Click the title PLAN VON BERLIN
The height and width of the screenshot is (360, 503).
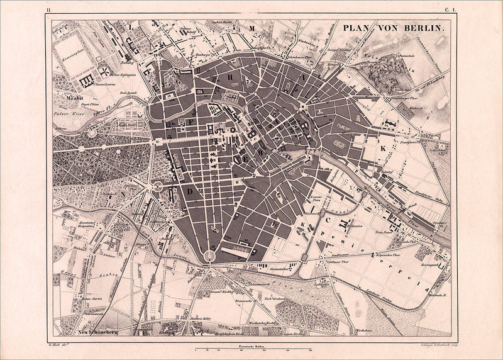pyautogui.click(x=394, y=28)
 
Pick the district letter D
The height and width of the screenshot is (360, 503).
pyautogui.click(x=188, y=189)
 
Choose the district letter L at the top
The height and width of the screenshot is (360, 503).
pyautogui.click(x=131, y=27)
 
